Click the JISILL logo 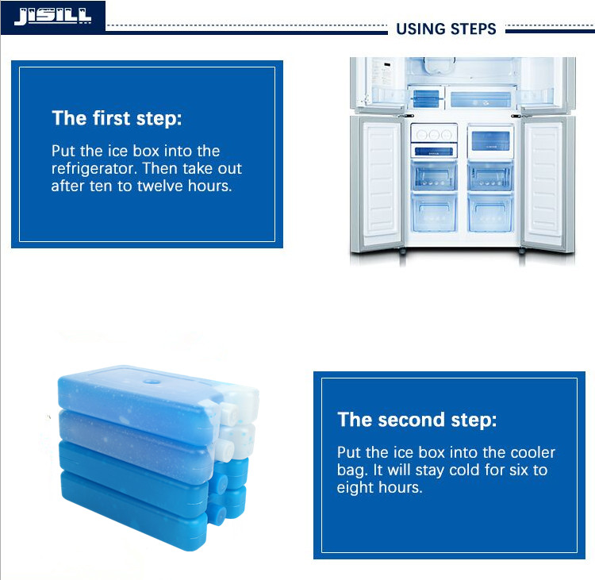[x=52, y=17]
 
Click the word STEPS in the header [x=473, y=29]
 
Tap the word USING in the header [x=420, y=29]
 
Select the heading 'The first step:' [x=117, y=118]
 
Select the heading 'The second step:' [x=417, y=420]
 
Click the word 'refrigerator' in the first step [x=94, y=168]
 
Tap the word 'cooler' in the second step [x=533, y=452]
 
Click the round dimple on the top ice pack [x=152, y=381]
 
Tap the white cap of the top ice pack [x=228, y=413]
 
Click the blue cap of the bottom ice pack [x=217, y=513]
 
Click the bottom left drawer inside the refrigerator [x=434, y=213]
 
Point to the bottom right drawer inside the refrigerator [x=490, y=213]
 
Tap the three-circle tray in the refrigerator [x=434, y=134]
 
